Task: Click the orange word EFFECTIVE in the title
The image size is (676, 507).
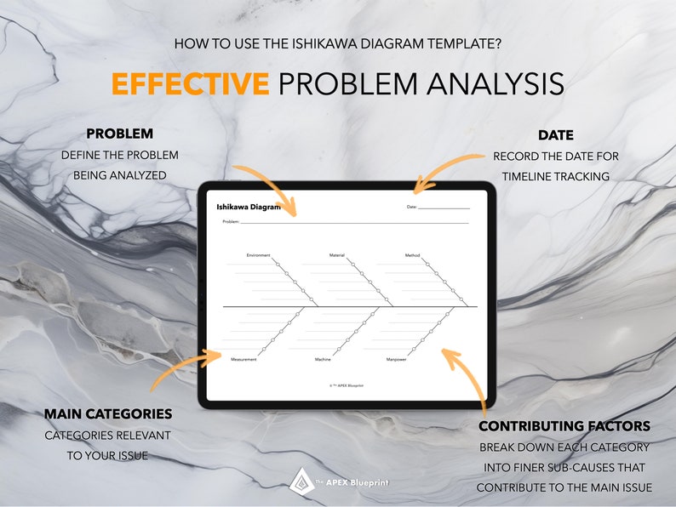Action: click(190, 84)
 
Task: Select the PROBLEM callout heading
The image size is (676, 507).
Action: click(120, 134)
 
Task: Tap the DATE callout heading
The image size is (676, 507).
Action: click(555, 135)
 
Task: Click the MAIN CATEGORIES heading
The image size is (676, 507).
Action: click(108, 414)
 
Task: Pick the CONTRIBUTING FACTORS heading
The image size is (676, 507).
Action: click(564, 426)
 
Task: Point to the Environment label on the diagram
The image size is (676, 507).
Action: click(258, 255)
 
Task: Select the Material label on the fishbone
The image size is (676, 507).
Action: click(337, 255)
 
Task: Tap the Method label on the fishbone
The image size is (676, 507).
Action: click(412, 255)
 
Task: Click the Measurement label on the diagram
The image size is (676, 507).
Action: click(243, 360)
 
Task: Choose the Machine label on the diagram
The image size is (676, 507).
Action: click(323, 360)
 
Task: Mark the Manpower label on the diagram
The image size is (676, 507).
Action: click(396, 360)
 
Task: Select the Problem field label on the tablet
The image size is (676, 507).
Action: click(231, 221)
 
